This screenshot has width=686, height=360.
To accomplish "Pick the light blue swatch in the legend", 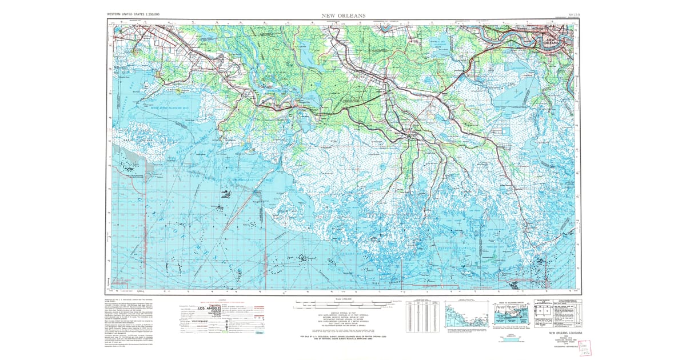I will [x=261, y=330].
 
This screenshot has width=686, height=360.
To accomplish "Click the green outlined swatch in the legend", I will [x=261, y=326].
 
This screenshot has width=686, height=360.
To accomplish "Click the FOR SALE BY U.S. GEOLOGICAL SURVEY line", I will [x=343, y=337].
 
